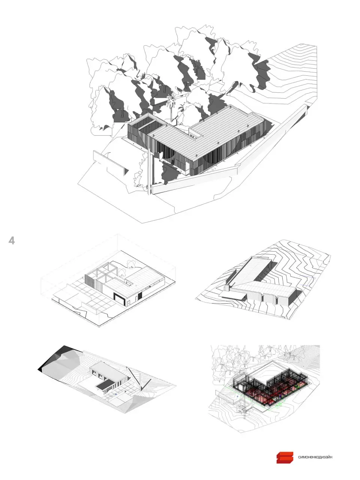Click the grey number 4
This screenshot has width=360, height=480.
click(12, 240)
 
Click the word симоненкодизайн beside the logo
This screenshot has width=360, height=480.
click(315, 457)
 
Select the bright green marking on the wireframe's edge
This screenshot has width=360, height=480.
click(277, 407)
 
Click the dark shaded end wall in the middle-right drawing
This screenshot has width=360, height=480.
click(293, 297)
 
